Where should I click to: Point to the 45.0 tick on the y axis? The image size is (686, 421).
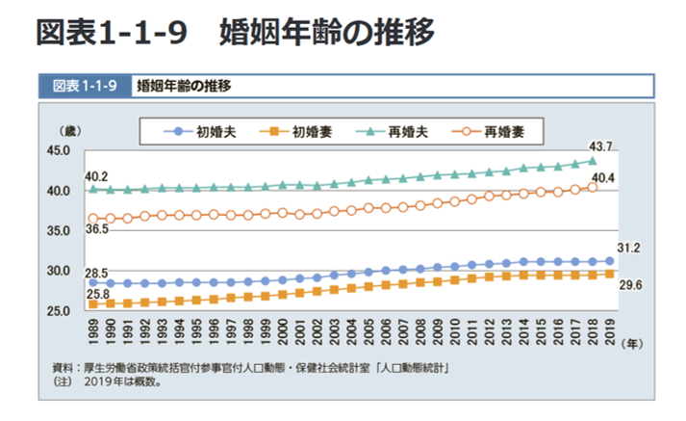57,150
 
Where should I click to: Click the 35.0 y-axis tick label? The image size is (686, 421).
57,231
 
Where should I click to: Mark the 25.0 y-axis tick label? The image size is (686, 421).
57,311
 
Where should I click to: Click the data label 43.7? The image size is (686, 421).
601,146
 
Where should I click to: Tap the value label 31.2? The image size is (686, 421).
628,249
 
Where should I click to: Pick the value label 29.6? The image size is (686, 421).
628,284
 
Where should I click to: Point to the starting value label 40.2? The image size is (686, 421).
96,176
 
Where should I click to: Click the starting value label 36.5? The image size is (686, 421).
96,230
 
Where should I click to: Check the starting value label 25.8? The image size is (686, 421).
96,293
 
